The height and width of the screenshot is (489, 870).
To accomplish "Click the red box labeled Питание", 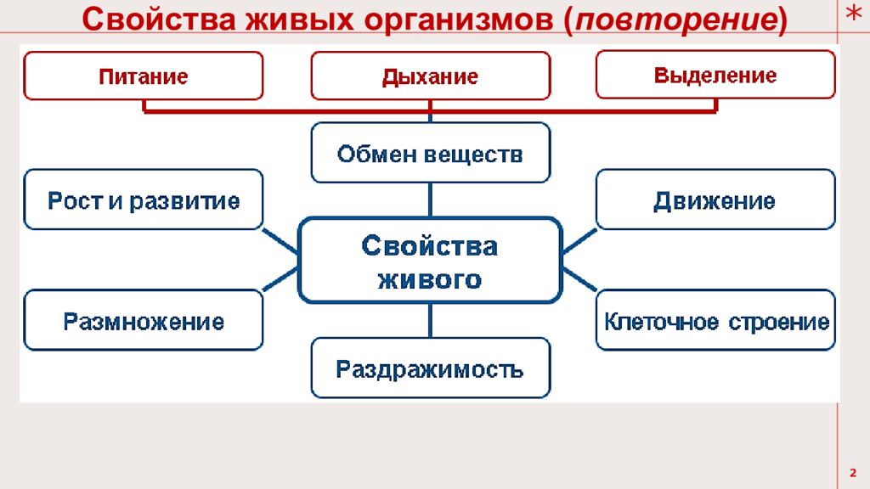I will pyautogui.click(x=143, y=76).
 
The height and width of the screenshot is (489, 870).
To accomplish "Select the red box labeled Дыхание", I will pyautogui.click(x=430, y=76).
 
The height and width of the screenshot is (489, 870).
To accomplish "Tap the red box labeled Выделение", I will pyautogui.click(x=715, y=75).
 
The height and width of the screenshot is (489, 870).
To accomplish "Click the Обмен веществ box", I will pyautogui.click(x=430, y=153).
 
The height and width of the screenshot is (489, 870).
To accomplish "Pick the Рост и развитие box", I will pyautogui.click(x=143, y=200).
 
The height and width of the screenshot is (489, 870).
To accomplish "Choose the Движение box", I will pyautogui.click(x=715, y=200).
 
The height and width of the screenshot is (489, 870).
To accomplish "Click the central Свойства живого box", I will pyautogui.click(x=430, y=261).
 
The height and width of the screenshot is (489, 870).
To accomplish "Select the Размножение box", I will pyautogui.click(x=143, y=320).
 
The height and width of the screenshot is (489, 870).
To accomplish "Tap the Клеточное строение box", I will pyautogui.click(x=715, y=320).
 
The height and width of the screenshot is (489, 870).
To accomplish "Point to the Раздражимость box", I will pyautogui.click(x=430, y=368).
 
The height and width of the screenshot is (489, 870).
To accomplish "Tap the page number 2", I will pyautogui.click(x=853, y=471).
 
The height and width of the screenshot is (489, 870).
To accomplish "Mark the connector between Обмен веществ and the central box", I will pyautogui.click(x=430, y=200).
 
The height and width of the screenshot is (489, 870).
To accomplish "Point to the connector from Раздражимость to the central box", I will pyautogui.click(x=430, y=321).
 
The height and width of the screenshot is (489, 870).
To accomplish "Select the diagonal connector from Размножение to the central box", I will pyautogui.click(x=280, y=279).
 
